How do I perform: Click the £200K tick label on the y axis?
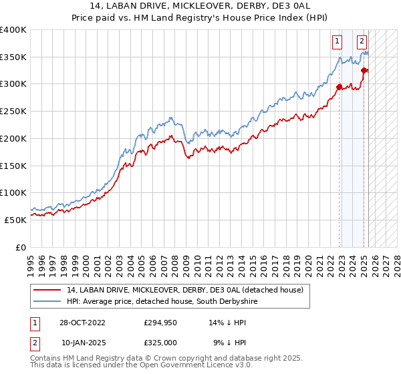pos(13,138)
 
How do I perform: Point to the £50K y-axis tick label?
pos(15,220)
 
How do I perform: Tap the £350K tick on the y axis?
pos(13,57)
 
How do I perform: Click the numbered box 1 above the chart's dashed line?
pos(337,41)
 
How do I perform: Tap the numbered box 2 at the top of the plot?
pos(362,41)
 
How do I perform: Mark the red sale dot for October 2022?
pos(339,86)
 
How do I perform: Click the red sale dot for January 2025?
pos(364,70)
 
